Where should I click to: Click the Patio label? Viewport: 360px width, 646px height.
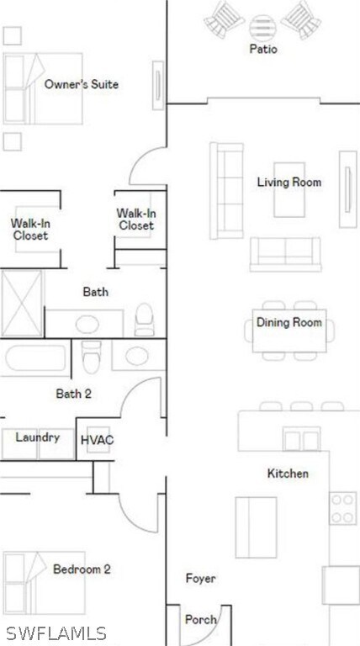[262, 50]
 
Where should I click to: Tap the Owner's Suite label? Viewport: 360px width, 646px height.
[82, 85]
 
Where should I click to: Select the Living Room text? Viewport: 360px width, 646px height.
[289, 182]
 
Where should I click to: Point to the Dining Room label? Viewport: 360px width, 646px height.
[289, 323]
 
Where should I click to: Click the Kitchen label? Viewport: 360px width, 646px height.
[288, 474]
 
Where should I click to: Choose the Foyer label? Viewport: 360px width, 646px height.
[200, 579]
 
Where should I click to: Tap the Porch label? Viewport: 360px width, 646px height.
[200, 620]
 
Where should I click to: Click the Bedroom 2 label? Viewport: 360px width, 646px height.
[82, 569]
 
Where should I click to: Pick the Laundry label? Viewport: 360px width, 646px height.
[38, 437]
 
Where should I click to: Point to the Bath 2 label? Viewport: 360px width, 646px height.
[73, 393]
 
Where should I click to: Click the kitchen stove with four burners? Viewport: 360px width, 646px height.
[343, 507]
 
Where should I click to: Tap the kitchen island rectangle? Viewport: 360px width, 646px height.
[256, 527]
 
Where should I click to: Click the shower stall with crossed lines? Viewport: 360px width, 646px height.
[22, 302]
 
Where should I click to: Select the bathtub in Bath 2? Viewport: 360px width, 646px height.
[35, 359]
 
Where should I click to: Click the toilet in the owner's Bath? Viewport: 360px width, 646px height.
[145, 319]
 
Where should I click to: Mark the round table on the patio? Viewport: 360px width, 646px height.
[262, 24]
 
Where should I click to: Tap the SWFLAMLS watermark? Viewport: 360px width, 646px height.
[56, 633]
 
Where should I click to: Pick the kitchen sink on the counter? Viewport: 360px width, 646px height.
[300, 438]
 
